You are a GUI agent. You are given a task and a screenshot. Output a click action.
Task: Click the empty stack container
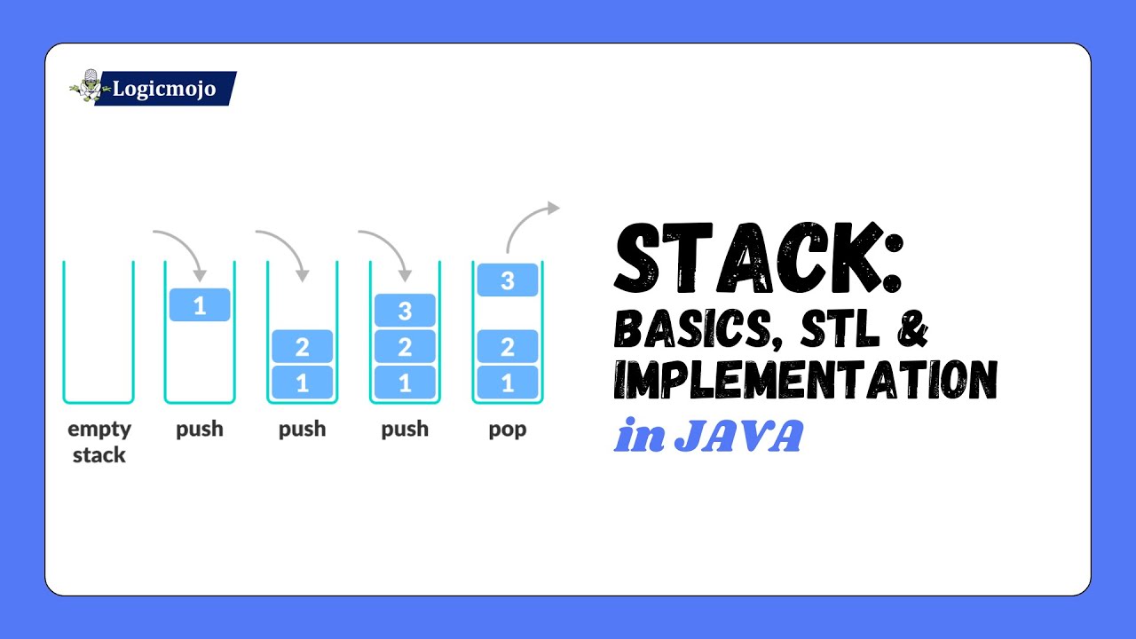[98, 333]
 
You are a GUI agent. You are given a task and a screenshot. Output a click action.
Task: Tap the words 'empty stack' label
[99, 442]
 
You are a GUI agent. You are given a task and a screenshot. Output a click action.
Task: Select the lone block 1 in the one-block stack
[200, 305]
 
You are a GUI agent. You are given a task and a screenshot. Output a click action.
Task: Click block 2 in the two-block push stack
[302, 346]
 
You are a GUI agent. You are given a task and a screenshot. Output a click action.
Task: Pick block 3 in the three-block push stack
[405, 311]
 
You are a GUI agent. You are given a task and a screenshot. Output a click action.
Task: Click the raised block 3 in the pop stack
[508, 280]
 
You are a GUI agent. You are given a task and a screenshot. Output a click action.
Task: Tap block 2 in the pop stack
[508, 346]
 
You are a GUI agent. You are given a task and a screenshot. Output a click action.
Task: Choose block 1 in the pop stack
[508, 383]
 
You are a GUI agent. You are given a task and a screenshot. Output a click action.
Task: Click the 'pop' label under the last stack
[508, 430]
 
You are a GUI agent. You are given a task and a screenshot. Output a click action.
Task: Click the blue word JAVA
[738, 437]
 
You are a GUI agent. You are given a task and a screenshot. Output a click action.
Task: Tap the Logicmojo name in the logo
[164, 89]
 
